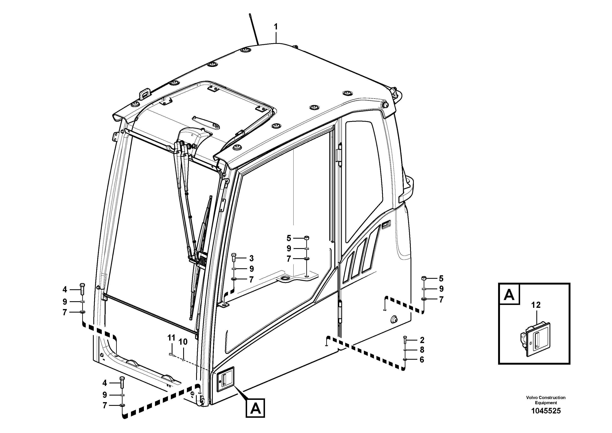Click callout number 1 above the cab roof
point(276,27)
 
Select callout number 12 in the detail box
point(536,305)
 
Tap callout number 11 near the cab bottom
point(171,338)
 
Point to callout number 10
point(183,342)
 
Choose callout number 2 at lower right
point(422,340)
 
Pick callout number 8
point(422,350)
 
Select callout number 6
point(422,359)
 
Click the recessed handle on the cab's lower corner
point(224,379)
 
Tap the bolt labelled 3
point(234,258)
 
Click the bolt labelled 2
point(405,340)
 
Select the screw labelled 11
point(172,355)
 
